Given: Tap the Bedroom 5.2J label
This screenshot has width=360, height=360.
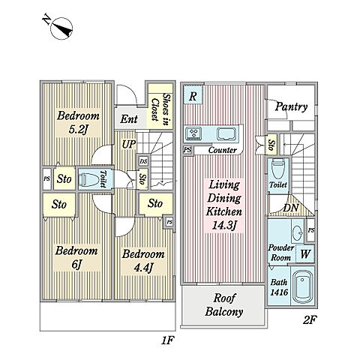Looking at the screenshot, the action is point(78,122).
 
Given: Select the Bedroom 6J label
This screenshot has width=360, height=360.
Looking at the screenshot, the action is point(76,257).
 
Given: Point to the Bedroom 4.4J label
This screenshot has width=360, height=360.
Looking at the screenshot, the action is point(143,261).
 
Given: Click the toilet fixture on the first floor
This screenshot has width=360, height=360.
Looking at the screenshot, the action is point(88,179).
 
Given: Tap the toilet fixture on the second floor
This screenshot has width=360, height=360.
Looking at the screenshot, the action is point(278,168).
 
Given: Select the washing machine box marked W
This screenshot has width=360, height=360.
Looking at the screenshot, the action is point(305,253).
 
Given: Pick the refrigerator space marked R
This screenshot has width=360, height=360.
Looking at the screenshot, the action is point(193,94).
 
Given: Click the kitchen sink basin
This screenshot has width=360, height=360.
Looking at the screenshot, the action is point(226,134).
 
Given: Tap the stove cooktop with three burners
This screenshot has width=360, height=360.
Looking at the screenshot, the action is point(193,133).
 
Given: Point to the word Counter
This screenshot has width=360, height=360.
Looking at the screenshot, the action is point(223,150).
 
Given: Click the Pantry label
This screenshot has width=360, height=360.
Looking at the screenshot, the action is point(291,107).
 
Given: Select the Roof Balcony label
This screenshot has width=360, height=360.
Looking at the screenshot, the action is point(224,305).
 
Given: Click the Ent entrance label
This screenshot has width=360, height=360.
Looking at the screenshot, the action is point(129,119).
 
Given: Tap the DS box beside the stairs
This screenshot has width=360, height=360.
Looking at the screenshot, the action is point(143,161).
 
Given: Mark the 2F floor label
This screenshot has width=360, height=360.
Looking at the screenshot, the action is point(310,319).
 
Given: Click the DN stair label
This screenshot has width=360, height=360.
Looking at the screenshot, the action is point(291,208).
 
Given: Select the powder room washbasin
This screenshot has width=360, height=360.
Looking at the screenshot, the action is point(298,230).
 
